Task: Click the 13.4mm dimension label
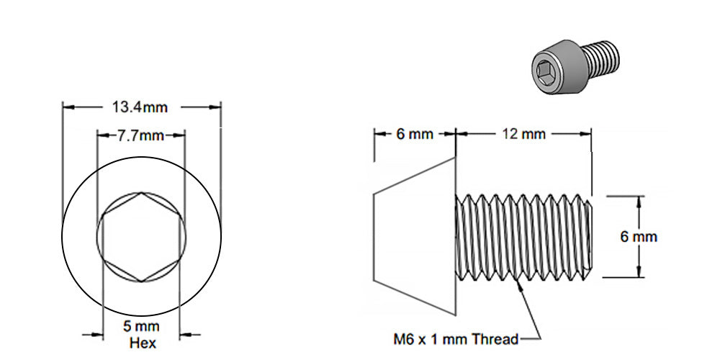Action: tap(140, 107)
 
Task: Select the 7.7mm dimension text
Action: tap(141, 135)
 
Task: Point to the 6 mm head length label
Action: tap(414, 134)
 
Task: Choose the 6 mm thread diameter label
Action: tap(639, 236)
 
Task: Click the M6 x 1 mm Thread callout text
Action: tap(455, 338)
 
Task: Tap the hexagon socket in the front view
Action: tap(141, 237)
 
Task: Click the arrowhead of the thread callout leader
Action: tap(518, 283)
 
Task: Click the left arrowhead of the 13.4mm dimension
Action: tap(67, 107)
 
